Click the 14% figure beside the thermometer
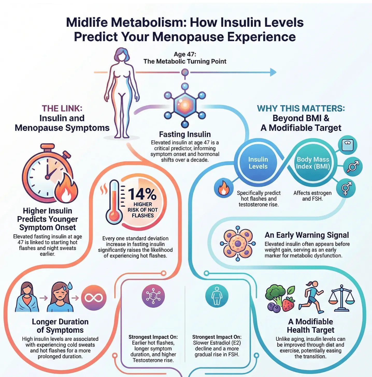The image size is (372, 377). pos(142,194)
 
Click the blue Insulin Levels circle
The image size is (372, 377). pos(258,163)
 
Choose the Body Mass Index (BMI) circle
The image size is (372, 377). pos(313,163)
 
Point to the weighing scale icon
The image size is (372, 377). pos(347,145)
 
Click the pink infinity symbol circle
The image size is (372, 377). pos(94,298)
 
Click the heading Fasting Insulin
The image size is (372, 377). pos(185,134)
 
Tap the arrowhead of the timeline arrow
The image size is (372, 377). pos(273,72)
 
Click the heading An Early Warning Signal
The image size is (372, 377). pos(306,235)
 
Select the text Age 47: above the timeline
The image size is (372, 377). pos(185,54)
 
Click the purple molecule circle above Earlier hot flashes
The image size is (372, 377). pos(153,296)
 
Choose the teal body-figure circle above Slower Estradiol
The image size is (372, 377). pos(217,296)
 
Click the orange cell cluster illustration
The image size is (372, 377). pos(238,243)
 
